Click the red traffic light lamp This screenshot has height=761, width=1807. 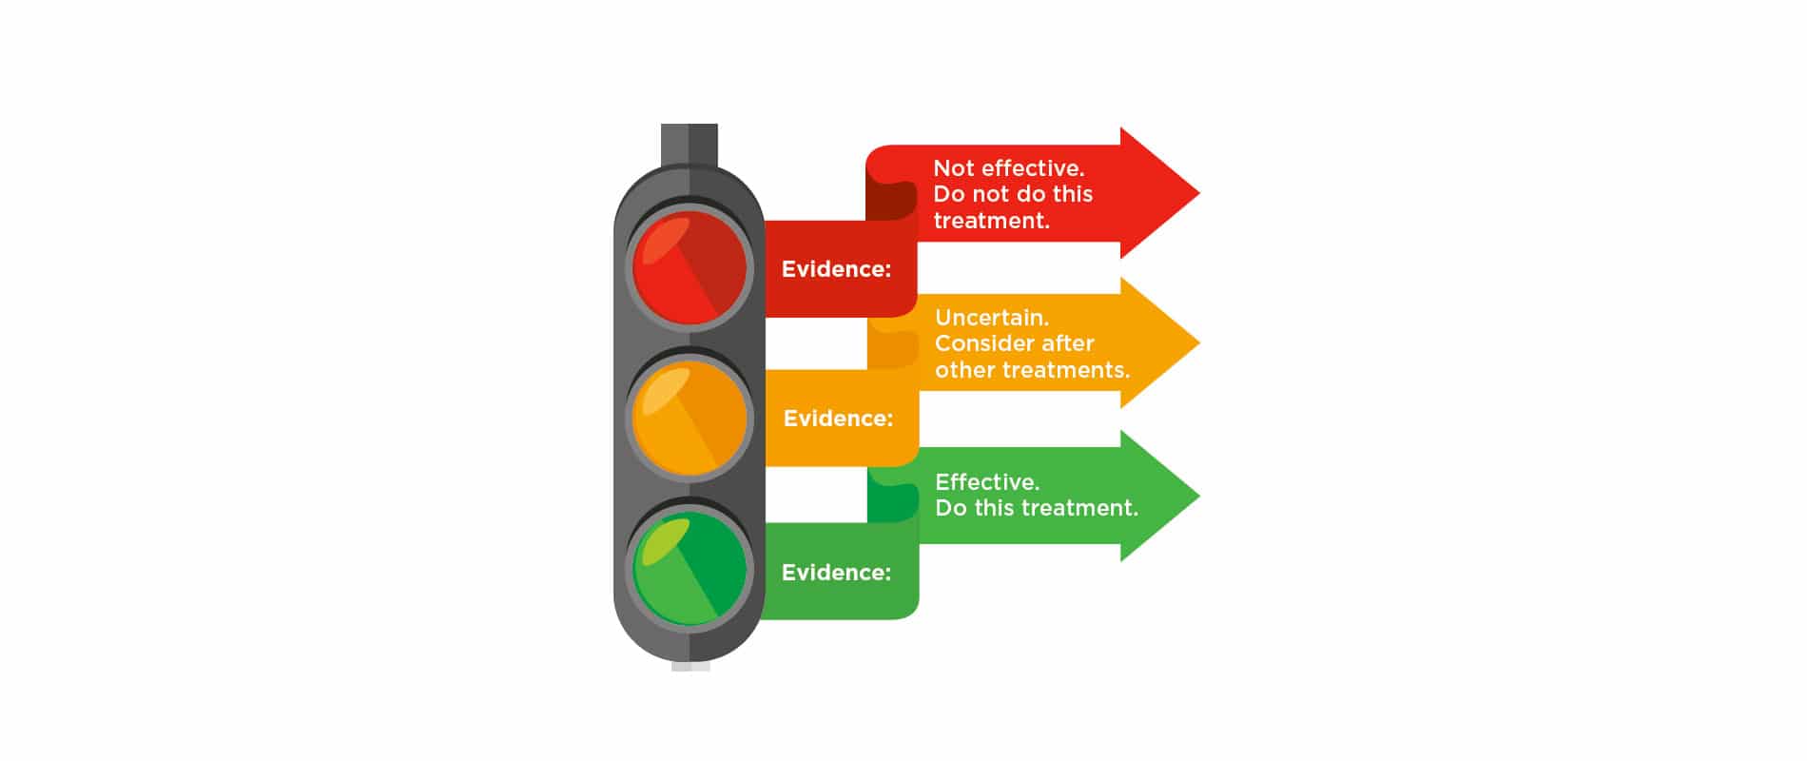(x=690, y=266)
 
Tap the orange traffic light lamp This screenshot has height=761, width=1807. (x=690, y=418)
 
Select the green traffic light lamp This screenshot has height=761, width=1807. (x=690, y=569)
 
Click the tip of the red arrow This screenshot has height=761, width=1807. (x=1199, y=193)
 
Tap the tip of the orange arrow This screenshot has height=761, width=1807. (x=1199, y=343)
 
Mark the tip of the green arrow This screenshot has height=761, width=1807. (x=1199, y=496)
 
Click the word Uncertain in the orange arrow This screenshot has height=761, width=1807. (x=992, y=318)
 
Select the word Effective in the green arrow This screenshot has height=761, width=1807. (x=987, y=482)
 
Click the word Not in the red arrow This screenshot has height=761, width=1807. (x=953, y=168)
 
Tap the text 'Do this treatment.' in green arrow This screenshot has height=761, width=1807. (x=1037, y=508)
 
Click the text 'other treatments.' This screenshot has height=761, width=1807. (x=1033, y=370)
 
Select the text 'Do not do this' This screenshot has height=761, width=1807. (x=1013, y=194)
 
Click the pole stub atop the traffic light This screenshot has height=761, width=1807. (x=690, y=145)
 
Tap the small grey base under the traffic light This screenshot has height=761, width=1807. (x=690, y=666)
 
